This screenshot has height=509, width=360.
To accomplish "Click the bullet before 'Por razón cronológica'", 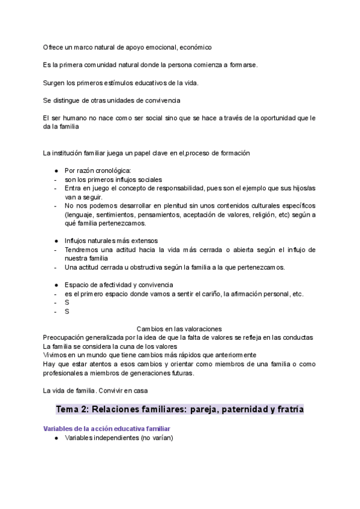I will (x=56, y=171).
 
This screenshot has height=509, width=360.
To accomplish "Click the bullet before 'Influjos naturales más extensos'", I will (x=56, y=241).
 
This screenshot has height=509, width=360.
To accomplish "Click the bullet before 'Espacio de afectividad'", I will (x=56, y=285).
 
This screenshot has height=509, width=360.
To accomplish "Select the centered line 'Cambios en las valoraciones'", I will (x=179, y=328).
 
